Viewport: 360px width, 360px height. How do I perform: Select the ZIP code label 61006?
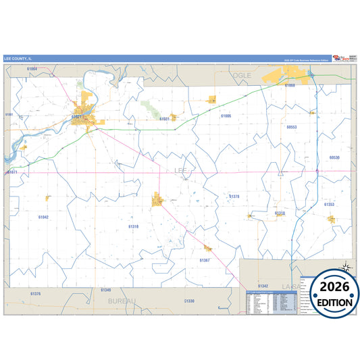[226, 116]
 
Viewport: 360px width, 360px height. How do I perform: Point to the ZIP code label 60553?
[292, 127]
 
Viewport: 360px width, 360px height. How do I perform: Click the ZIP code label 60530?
[334, 157]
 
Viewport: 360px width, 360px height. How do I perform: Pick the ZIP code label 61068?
[290, 86]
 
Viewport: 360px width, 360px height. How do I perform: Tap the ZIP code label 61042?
[43, 217]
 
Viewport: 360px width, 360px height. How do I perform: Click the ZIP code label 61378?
[234, 196]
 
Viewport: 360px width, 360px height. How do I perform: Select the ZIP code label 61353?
[329, 204]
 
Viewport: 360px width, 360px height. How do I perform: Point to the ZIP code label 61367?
[205, 260]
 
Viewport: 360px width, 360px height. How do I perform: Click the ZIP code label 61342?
[263, 286]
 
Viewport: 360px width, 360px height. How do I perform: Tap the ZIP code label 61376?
[36, 294]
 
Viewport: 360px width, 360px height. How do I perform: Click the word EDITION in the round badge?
[330, 303]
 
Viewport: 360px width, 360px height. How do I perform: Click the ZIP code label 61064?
[32, 69]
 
